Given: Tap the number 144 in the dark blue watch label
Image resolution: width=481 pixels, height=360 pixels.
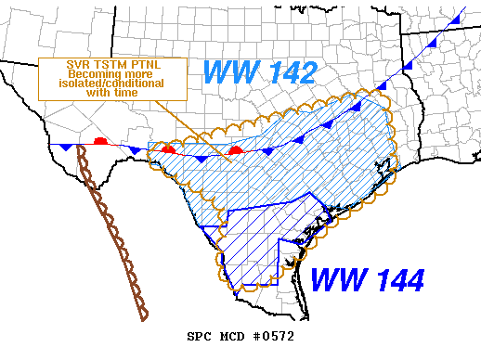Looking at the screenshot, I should [x=396, y=278].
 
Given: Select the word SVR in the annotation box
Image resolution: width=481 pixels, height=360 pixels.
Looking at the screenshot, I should [x=68, y=64].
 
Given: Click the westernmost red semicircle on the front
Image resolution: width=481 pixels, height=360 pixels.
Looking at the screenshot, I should [x=100, y=141].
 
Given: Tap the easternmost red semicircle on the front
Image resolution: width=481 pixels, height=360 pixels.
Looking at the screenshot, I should [x=236, y=148].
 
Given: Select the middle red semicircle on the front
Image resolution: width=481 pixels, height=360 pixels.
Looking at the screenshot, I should [x=167, y=148].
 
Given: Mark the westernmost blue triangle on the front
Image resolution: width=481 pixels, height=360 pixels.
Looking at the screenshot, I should [x=64, y=148].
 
